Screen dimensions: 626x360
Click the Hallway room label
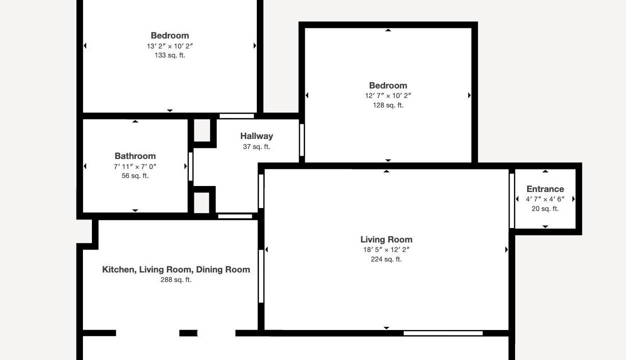pos(257,136)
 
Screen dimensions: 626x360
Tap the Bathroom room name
pos(135,156)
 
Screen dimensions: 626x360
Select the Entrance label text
pos(545,189)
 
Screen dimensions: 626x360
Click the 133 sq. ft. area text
pos(170,55)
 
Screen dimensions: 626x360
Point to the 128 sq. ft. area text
pos(388,105)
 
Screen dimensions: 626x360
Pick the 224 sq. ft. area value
pos(386,259)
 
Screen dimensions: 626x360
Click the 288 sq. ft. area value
pos(176,279)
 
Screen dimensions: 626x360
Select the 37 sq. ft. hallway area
pos(257,146)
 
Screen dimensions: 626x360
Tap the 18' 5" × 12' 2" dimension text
pos(386,249)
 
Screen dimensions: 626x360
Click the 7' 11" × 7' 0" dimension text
pos(135,166)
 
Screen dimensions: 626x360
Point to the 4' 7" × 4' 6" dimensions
pos(545,199)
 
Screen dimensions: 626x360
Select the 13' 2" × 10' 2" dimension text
pos(170,46)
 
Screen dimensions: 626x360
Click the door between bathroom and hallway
pos(190,166)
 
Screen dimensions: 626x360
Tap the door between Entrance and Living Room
pos(512,200)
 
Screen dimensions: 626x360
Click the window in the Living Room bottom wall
pos(443,333)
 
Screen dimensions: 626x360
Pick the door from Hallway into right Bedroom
pos(302,140)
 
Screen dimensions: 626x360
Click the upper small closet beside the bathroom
pos(202,130)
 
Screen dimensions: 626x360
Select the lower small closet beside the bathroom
pos(201,202)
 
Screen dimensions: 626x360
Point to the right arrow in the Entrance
pos(574,199)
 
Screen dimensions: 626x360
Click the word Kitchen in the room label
pos(119,269)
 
